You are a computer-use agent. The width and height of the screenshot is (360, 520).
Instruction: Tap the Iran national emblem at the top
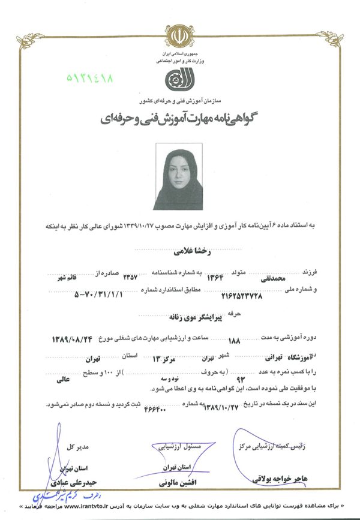[179, 37]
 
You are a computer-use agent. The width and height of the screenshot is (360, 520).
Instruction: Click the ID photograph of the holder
[178, 176]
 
